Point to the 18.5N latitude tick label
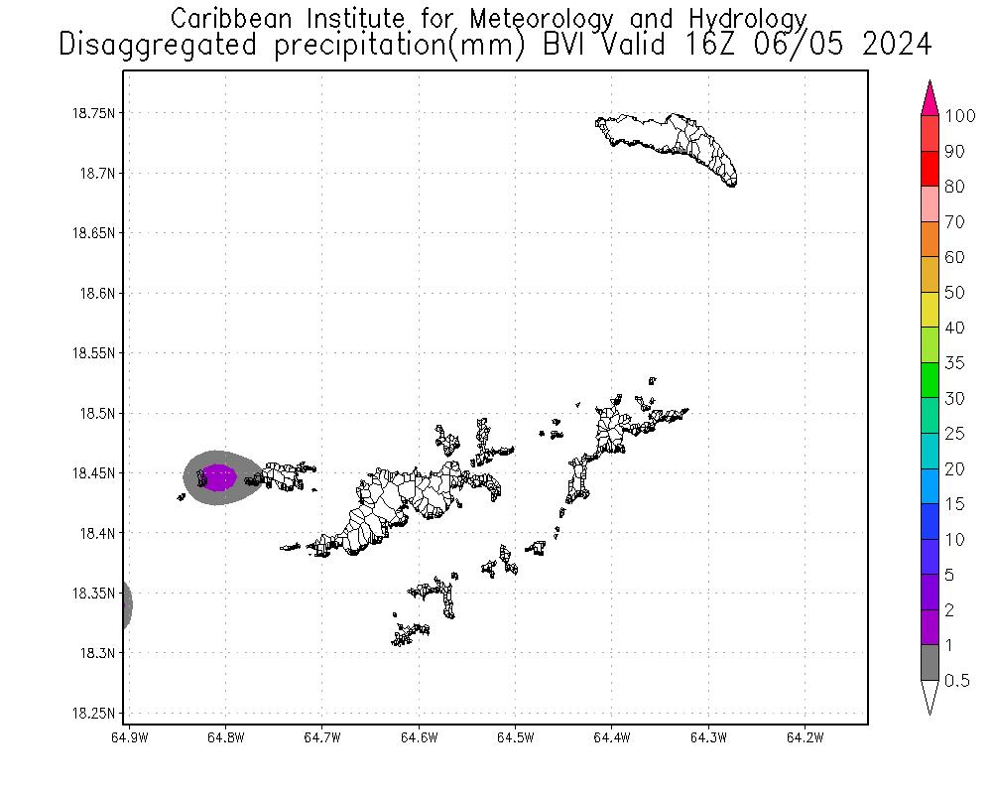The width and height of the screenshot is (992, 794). (97, 413)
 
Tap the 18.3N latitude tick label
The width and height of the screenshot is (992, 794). (97, 653)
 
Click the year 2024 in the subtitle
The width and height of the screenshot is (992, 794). (898, 45)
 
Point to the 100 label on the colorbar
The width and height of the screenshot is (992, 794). (961, 116)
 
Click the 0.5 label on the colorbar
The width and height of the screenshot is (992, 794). (956, 680)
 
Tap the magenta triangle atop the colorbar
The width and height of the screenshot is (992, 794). (930, 98)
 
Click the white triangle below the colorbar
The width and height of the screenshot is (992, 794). (930, 697)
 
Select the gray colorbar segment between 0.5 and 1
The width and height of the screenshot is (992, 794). (930, 662)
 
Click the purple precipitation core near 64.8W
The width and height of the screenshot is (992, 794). (218, 477)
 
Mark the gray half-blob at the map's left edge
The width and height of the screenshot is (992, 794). (126, 604)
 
